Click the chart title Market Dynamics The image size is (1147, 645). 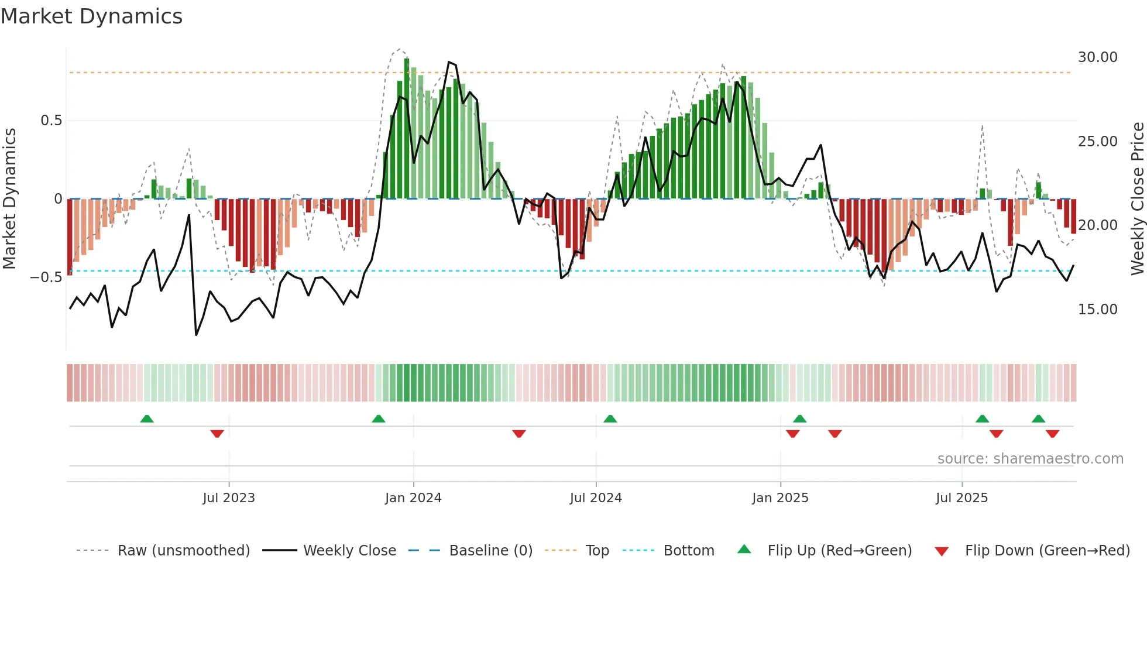pos(91,16)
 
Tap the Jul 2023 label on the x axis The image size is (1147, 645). pos(229,498)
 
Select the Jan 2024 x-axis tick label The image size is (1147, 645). pos(413,498)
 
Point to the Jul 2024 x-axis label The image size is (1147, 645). pos(596,498)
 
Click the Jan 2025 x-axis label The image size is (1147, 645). pos(780,498)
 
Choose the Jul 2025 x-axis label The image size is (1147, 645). pos(961,498)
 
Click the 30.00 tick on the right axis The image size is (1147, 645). pos(1097,57)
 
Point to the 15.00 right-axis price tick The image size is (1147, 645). pos(1097,310)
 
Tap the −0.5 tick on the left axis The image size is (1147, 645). pos(46,277)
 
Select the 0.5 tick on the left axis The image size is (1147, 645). pos(51,121)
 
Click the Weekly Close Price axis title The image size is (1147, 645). pos(1137,199)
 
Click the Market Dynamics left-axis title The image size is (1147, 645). pos(9,199)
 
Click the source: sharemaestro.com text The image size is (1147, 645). pos(1030,459)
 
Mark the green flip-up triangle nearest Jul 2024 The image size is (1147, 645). pos(610,419)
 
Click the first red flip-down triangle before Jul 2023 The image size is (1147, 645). pos(217,434)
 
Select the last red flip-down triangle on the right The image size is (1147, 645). pos(1052,434)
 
